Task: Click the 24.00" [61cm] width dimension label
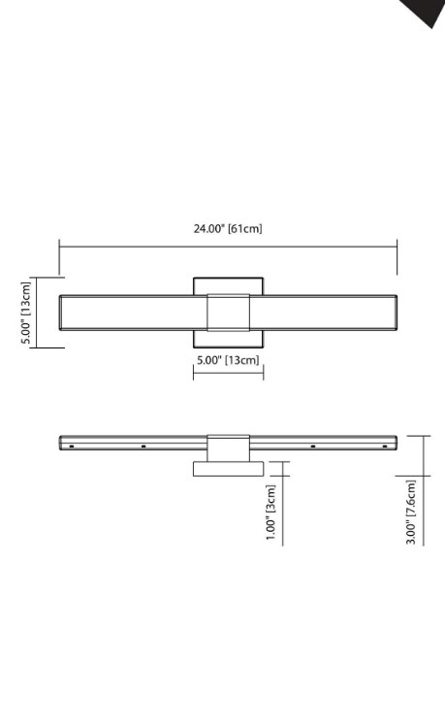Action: [228, 229]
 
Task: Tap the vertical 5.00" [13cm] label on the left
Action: [28, 312]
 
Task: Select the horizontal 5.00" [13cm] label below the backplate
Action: [228, 360]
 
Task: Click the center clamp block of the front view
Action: [228, 312]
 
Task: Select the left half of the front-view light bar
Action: [134, 312]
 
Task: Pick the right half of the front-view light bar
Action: [330, 312]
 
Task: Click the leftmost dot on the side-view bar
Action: [73, 447]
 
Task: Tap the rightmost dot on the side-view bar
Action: [384, 447]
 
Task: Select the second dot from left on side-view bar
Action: [143, 447]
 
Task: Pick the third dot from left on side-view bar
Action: [312, 447]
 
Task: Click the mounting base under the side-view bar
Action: [228, 469]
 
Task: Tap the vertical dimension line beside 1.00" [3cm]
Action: [283, 505]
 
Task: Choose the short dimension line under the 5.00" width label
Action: [228, 373]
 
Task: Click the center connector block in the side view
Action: [228, 444]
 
